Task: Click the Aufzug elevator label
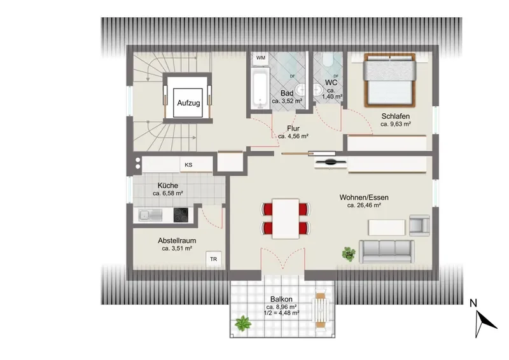tap(188, 103)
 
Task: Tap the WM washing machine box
tap(261, 58)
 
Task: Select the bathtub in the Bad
tap(260, 88)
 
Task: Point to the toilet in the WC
tap(328, 60)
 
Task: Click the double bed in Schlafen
tap(389, 80)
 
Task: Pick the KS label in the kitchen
tap(188, 165)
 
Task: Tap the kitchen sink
tap(150, 215)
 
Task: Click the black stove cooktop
tap(181, 215)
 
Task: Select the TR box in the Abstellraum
tap(214, 259)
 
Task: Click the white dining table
tap(286, 218)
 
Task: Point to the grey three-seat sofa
tap(386, 252)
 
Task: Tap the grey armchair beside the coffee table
tap(419, 225)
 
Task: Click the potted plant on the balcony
tap(243, 323)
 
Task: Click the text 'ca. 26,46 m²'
tap(364, 205)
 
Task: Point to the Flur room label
tap(293, 128)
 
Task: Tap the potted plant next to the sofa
tap(349, 254)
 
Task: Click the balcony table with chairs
tap(321, 310)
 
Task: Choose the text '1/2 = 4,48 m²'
tap(282, 313)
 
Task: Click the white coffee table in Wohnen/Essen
tap(387, 227)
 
